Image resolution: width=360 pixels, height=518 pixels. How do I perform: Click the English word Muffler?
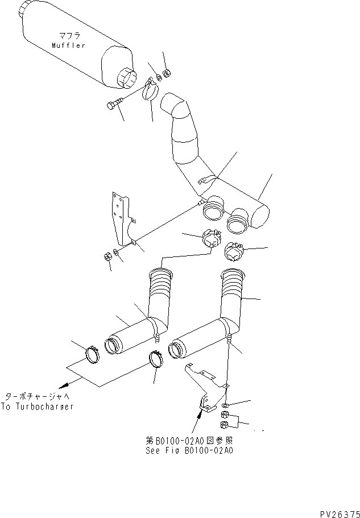pos(68,45)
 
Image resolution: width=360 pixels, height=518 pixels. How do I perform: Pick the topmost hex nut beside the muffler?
pos(167,73)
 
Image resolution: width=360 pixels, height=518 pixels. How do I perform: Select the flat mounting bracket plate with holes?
pos(122,219)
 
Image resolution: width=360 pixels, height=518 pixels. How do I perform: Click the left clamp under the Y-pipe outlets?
pos(210,238)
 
